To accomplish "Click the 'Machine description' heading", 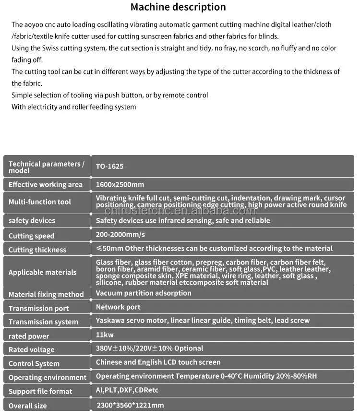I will (x=178, y=7).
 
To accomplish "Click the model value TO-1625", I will (x=109, y=167).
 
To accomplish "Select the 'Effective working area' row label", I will (x=46, y=185).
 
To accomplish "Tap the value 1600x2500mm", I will (x=120, y=184).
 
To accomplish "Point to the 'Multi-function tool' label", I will (x=40, y=202).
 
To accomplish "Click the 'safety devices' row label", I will (x=32, y=221).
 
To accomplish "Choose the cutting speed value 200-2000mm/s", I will (x=120, y=235).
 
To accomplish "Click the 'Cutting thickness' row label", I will (x=37, y=250).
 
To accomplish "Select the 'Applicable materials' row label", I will (x=42, y=273).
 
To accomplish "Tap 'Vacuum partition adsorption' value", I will (x=144, y=293).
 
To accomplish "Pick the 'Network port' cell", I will (x=118, y=307).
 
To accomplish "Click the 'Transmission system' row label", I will (x=43, y=322).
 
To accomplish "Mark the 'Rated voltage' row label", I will (x=31, y=350).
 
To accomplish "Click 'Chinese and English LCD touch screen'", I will (x=158, y=362).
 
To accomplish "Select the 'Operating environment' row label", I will (x=48, y=378).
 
